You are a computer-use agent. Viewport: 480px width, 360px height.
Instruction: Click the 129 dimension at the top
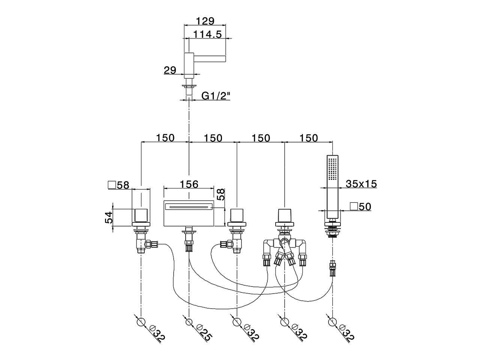[x=205, y=21]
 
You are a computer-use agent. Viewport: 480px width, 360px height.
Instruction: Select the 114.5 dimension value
[x=207, y=34]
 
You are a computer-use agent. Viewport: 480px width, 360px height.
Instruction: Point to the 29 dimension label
[x=170, y=70]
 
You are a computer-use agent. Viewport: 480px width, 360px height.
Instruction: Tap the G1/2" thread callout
[x=216, y=96]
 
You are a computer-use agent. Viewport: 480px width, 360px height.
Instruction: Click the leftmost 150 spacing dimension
[x=165, y=138]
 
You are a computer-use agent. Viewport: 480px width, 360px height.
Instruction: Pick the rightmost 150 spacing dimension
[x=309, y=138]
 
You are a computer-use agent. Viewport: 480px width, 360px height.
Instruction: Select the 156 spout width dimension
[x=189, y=184]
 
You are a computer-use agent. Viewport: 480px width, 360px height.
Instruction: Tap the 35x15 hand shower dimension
[x=361, y=184]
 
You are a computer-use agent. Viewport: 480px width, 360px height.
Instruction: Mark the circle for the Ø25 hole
[x=189, y=322]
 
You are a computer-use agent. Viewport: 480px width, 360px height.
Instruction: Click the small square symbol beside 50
[x=353, y=206]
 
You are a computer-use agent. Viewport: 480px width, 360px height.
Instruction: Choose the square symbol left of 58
[x=111, y=184]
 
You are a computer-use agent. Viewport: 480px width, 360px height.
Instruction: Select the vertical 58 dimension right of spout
[x=221, y=195]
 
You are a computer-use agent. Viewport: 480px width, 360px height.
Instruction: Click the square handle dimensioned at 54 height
[x=141, y=215]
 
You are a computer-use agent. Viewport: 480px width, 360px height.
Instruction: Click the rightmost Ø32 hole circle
[x=332, y=322]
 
